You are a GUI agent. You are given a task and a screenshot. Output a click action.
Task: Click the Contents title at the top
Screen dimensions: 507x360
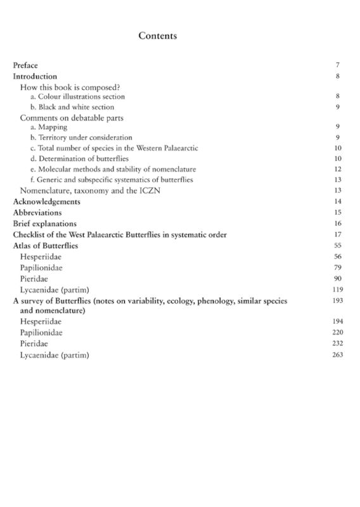(x=157, y=36)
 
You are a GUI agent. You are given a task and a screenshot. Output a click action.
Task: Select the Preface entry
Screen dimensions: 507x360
(x=25, y=65)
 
